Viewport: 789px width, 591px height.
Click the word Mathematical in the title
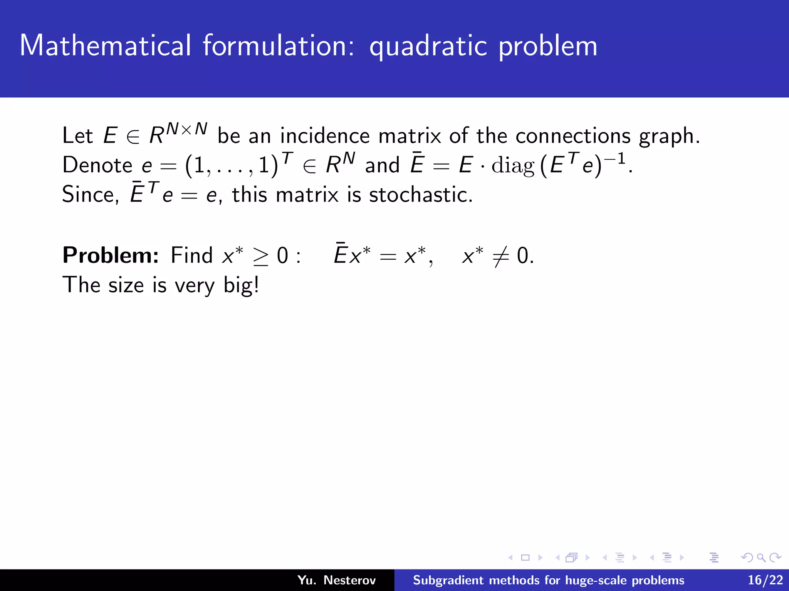[x=105, y=46]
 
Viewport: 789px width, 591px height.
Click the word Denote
[x=97, y=165]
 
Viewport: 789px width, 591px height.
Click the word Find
[x=191, y=255]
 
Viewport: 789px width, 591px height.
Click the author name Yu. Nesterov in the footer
[x=336, y=580]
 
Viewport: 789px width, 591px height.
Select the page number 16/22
[x=765, y=580]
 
